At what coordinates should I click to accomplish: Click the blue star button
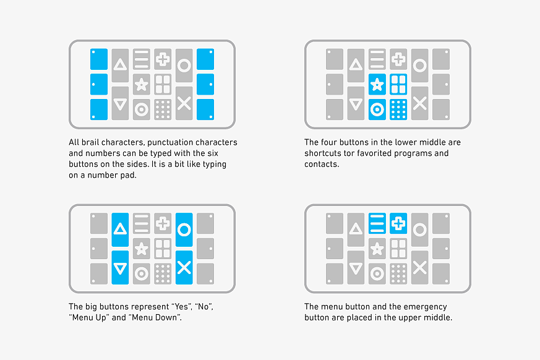click(x=377, y=84)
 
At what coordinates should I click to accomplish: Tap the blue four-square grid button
click(x=398, y=84)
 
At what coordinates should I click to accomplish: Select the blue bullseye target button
click(x=377, y=109)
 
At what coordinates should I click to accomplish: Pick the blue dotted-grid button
click(x=398, y=109)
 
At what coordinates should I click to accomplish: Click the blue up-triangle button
click(x=120, y=229)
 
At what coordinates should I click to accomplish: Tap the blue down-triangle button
click(x=120, y=268)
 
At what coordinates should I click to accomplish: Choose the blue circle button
click(x=184, y=229)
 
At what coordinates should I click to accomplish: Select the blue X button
click(x=184, y=268)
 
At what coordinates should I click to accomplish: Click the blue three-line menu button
click(x=377, y=223)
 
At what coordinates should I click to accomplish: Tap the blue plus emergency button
click(x=398, y=223)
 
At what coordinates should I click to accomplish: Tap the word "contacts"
click(x=321, y=165)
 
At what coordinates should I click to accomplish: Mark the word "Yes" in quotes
click(x=182, y=307)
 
